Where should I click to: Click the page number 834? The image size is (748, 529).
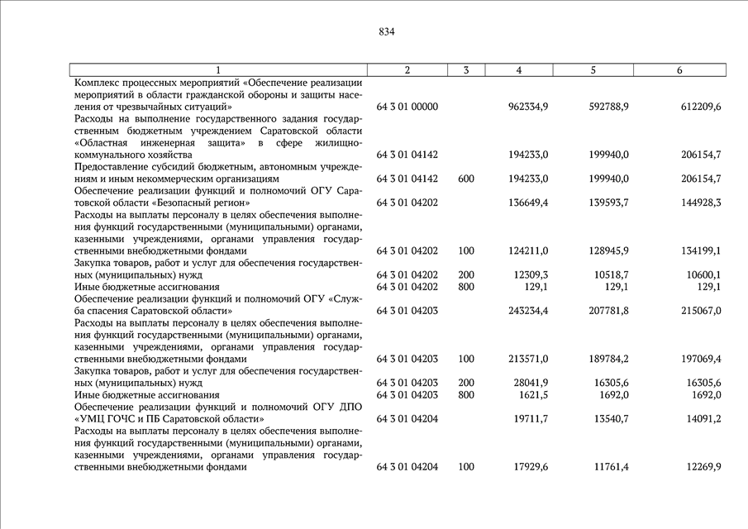pos(387,32)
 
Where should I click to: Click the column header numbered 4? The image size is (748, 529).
pos(518,70)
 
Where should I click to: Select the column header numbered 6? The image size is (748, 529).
pos(679,70)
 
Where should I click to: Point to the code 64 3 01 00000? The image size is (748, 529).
pos(407,107)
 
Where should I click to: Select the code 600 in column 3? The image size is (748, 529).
pos(466,179)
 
